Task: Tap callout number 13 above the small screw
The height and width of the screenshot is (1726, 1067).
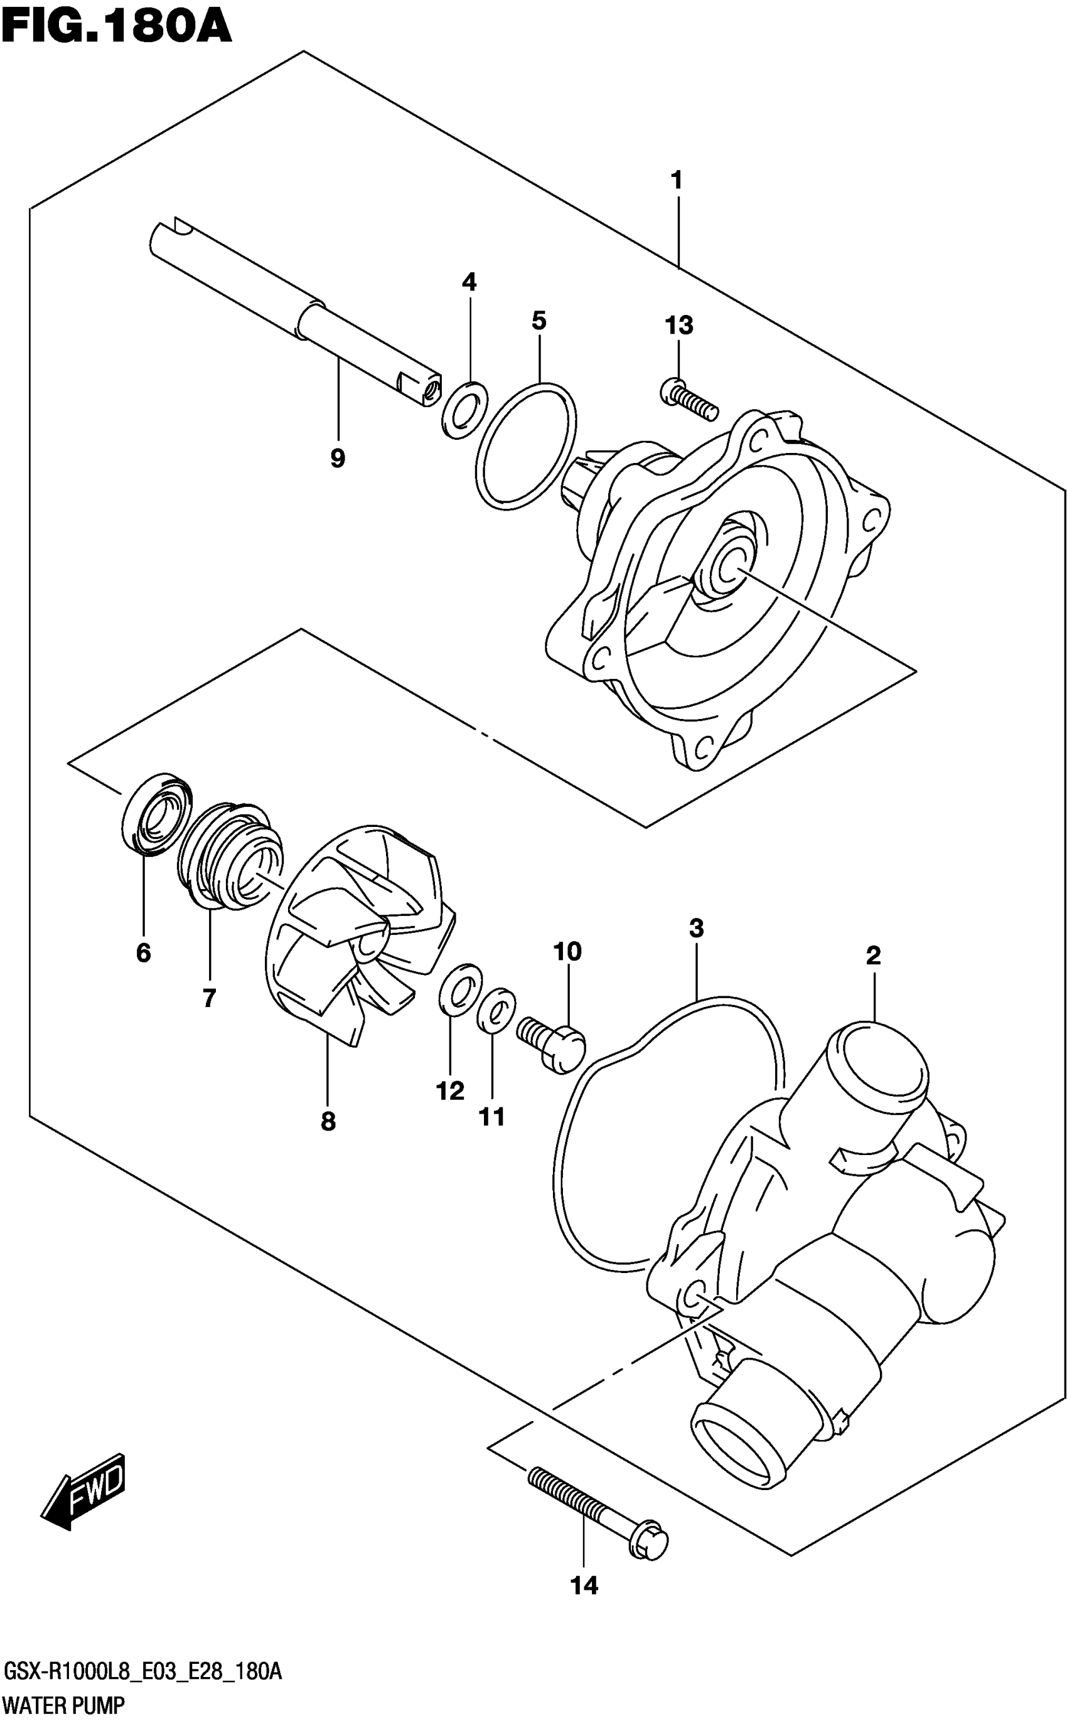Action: click(678, 326)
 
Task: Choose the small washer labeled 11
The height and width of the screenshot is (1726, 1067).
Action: click(496, 1010)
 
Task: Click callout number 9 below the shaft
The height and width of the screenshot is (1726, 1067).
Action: click(337, 459)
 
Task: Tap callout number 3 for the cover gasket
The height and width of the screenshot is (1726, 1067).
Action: click(696, 928)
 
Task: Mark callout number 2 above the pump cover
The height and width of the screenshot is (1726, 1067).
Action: click(873, 956)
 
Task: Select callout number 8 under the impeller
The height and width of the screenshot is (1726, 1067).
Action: click(328, 1122)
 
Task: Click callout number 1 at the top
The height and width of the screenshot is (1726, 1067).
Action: click(676, 181)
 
